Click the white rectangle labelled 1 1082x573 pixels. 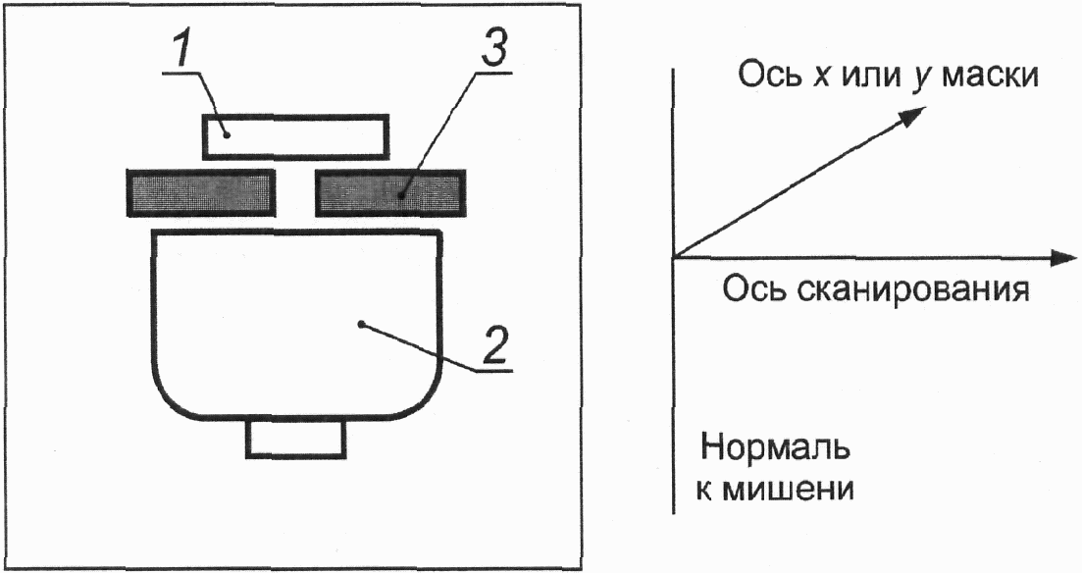[295, 136]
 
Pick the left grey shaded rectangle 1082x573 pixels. [201, 192]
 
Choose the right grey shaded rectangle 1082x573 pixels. [390, 192]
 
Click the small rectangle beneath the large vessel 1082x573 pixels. [296, 439]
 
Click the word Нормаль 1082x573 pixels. [776, 448]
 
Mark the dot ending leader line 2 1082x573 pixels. [360, 323]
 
